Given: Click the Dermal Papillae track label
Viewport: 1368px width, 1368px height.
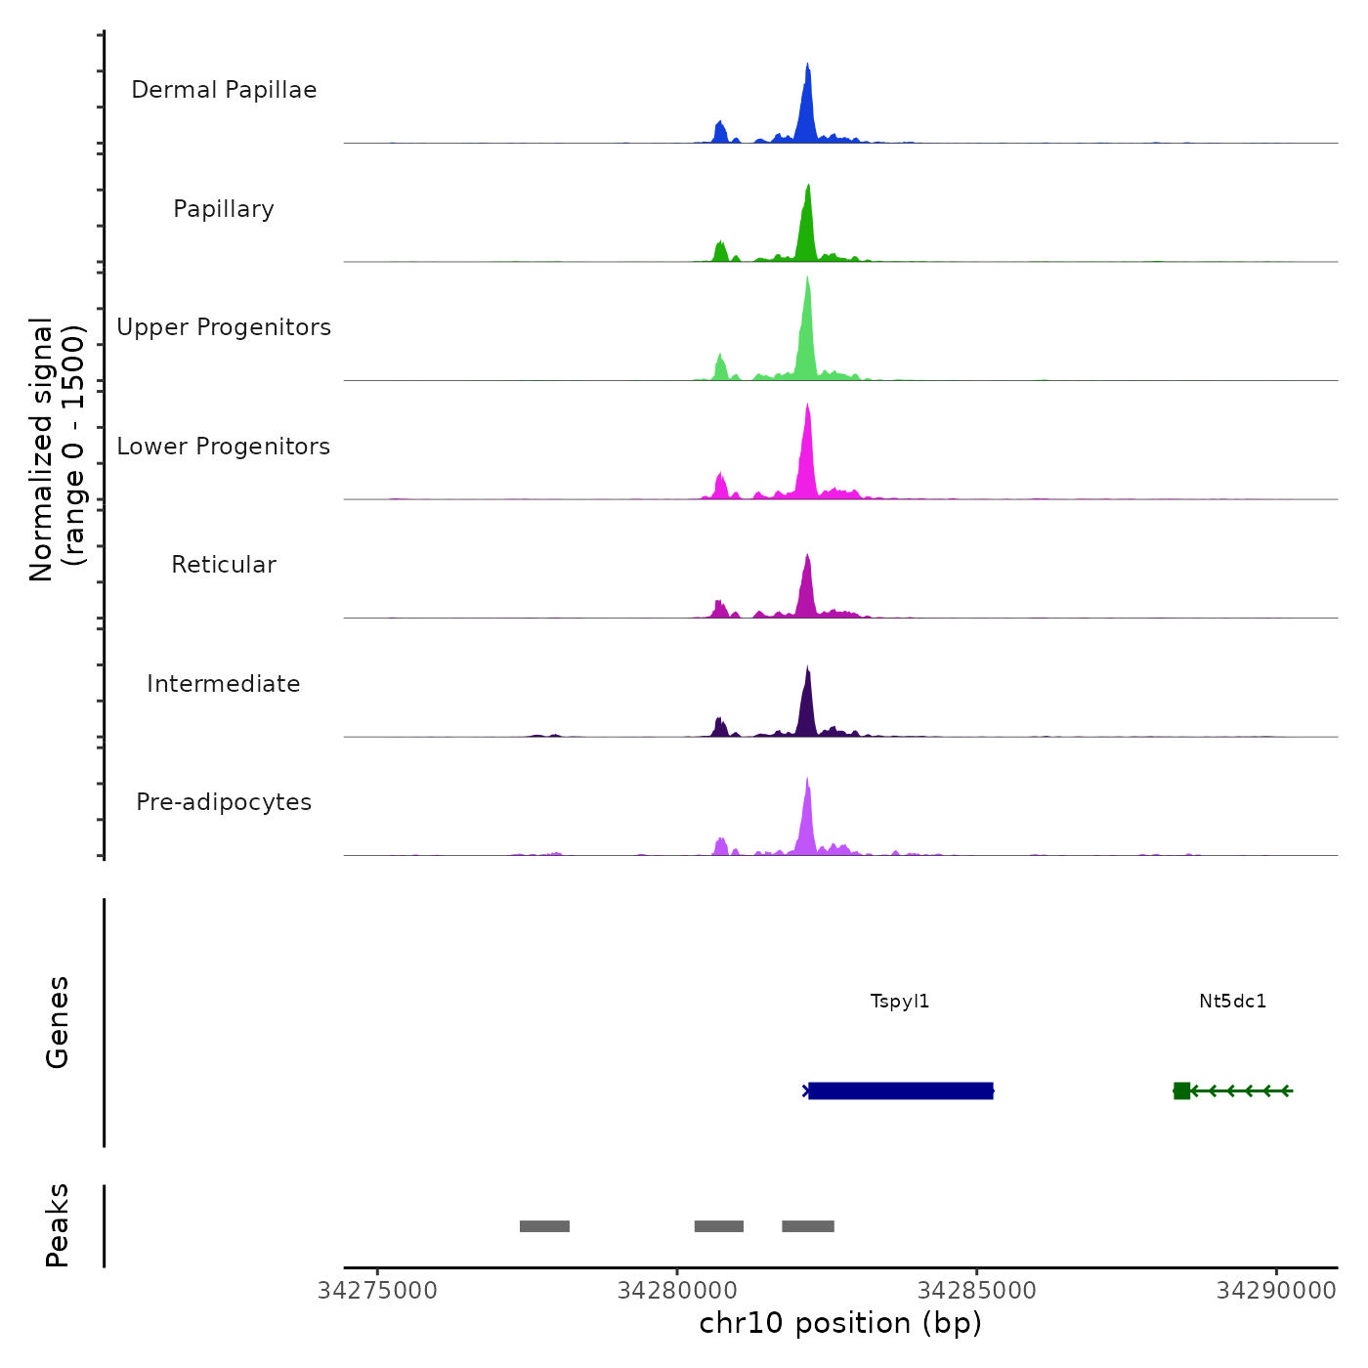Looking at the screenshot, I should [x=224, y=90].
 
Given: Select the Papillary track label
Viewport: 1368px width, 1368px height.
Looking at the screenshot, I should [x=224, y=209].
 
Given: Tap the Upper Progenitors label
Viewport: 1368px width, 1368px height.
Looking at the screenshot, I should [x=224, y=327].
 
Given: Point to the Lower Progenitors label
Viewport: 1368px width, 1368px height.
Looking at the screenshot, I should [x=224, y=447].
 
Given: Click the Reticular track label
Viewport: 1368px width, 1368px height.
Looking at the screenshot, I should [x=224, y=565].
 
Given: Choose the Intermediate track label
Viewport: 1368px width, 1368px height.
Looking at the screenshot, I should [x=224, y=684].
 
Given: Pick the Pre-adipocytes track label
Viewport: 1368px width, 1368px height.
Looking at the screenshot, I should [x=224, y=802].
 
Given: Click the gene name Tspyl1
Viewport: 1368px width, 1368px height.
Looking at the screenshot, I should [x=900, y=1002].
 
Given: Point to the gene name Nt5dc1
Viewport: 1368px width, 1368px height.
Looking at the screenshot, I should [x=1232, y=1002].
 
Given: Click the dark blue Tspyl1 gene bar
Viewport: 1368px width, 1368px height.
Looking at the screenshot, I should [x=901, y=1090].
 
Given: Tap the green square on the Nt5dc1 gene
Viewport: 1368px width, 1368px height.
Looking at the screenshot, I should [x=1181, y=1090].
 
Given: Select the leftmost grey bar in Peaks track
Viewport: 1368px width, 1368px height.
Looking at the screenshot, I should [x=544, y=1226].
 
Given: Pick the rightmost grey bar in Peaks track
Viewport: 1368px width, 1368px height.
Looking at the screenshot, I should [x=808, y=1226].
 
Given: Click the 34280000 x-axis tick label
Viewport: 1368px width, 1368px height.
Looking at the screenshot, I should [x=678, y=1291].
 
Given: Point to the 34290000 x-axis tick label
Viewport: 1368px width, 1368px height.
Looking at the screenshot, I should [x=1276, y=1291].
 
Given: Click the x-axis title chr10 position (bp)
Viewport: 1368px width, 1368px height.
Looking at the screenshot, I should [x=840, y=1323].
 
